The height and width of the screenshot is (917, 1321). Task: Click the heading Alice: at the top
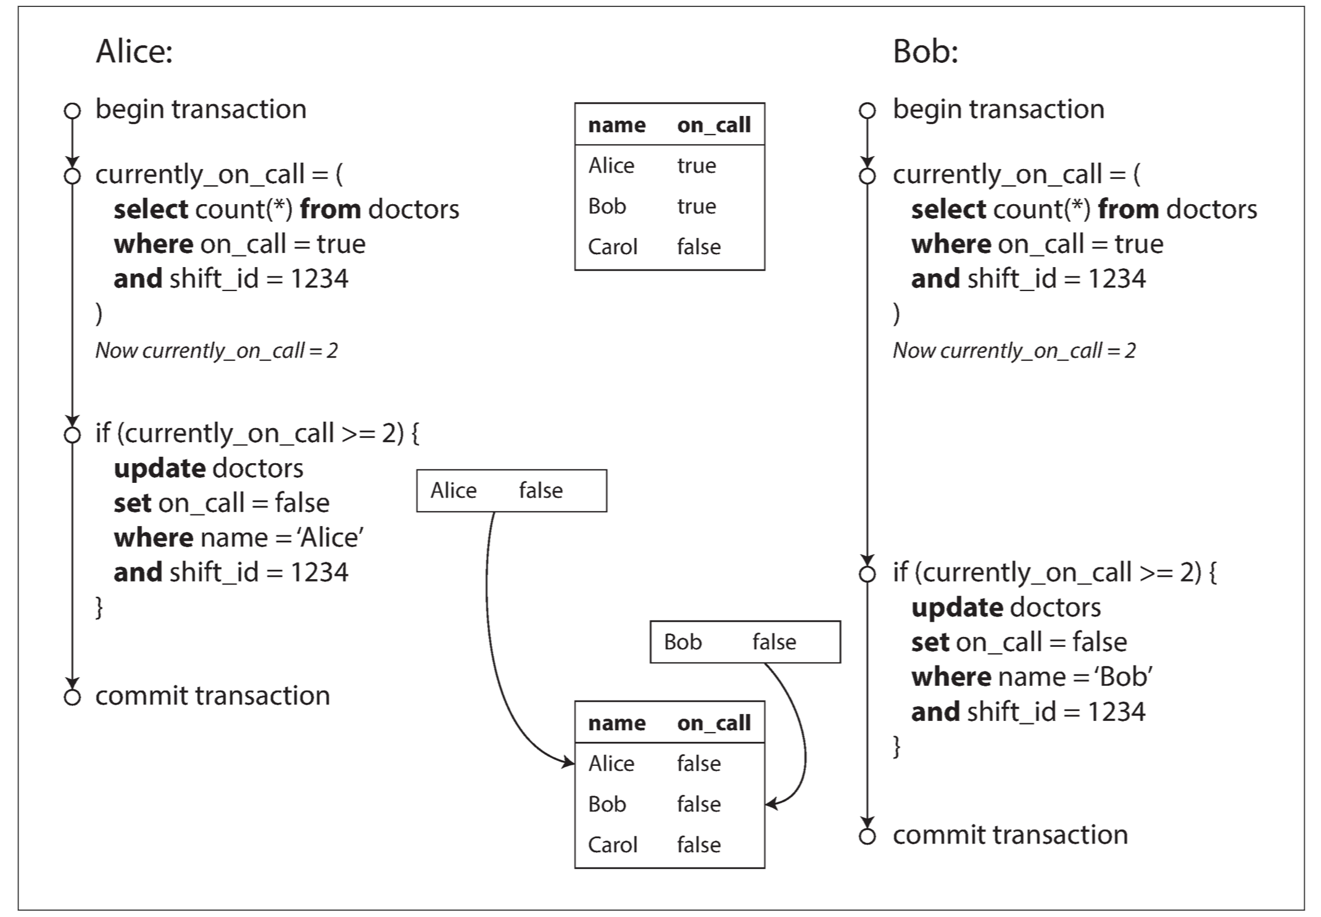coord(134,51)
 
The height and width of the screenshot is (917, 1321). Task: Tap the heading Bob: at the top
coord(925,51)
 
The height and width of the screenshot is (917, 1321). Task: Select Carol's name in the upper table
coord(612,247)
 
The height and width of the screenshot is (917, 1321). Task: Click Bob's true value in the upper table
coord(697,206)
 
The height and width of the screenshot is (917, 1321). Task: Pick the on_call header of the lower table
coord(714,723)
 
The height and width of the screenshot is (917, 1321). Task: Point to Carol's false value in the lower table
coord(698,844)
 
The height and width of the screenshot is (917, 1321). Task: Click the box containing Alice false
coord(511,491)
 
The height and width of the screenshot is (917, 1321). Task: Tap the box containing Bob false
coord(745,642)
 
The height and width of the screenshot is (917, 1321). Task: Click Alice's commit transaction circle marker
coord(72,697)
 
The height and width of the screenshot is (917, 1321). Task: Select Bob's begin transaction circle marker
coord(867,111)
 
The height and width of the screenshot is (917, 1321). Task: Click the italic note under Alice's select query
coord(217,350)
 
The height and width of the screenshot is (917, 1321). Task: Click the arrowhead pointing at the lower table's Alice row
coord(568,763)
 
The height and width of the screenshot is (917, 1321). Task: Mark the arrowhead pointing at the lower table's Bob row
coord(772,804)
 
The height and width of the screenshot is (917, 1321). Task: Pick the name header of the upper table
coord(617,125)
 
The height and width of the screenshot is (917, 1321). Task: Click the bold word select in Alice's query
coord(151,210)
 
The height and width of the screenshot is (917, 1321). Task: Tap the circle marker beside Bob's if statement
coord(867,574)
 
